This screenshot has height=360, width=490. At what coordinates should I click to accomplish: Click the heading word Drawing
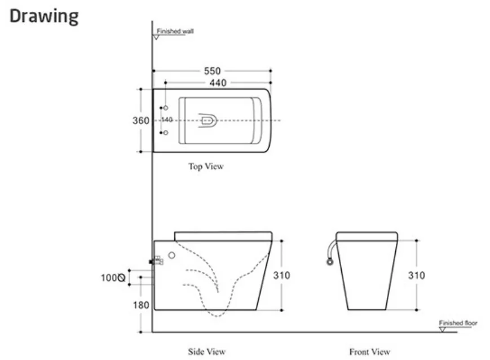(44, 16)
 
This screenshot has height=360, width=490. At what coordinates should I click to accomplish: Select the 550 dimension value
(212, 71)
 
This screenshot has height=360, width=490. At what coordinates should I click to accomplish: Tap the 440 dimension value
(218, 83)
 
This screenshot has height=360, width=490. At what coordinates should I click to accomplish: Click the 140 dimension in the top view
(167, 120)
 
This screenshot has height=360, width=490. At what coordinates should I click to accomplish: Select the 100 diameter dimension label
(113, 278)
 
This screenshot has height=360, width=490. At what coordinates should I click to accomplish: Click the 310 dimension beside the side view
(281, 275)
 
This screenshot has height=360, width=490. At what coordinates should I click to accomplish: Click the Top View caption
(206, 166)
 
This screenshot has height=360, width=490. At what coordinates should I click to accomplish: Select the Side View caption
(206, 352)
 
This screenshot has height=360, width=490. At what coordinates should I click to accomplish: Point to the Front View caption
(369, 352)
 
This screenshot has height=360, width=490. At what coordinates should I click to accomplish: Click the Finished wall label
(175, 32)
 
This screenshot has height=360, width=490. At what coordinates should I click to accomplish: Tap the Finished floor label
(458, 323)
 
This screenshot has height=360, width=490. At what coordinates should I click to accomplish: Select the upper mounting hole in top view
(165, 107)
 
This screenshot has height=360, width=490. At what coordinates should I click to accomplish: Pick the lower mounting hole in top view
(165, 133)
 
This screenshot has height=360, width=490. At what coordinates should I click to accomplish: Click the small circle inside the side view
(172, 255)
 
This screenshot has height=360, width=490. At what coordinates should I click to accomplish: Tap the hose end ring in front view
(329, 261)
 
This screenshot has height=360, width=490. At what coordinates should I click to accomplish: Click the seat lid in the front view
(367, 236)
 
